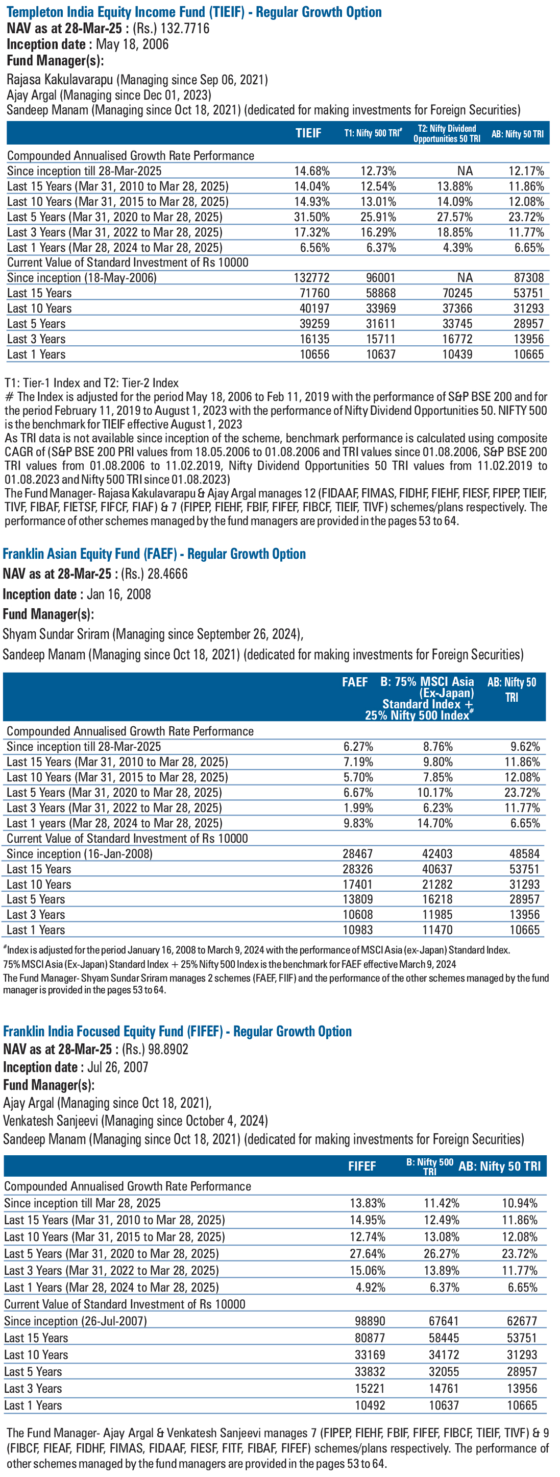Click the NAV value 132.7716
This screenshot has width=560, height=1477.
click(185, 28)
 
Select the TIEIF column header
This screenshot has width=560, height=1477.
click(308, 133)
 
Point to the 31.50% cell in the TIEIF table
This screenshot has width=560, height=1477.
click(312, 217)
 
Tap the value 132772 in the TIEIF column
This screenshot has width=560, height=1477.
click(312, 277)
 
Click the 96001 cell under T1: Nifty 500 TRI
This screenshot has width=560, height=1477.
click(381, 277)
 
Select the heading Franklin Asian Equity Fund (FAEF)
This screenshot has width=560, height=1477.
click(90, 554)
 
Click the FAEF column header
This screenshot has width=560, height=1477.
click(355, 682)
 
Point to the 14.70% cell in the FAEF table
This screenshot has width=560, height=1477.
click(434, 823)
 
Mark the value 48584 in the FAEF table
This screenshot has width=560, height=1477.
click(524, 854)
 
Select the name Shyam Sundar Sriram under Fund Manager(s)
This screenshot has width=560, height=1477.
click(56, 634)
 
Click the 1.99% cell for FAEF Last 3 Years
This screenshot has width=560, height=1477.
click(358, 807)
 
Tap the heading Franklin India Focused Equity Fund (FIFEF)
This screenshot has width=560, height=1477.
click(113, 1032)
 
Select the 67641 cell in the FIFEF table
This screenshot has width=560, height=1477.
click(444, 1321)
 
